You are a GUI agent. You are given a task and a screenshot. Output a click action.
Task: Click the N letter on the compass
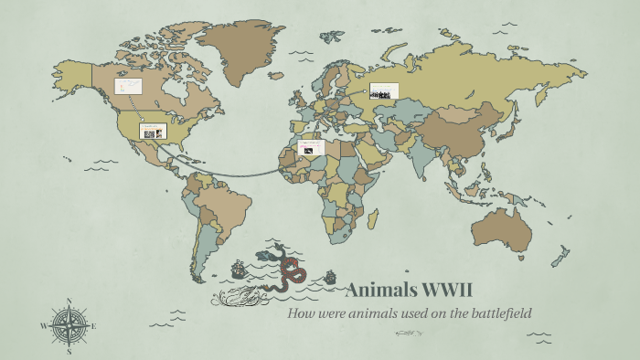point(69,301)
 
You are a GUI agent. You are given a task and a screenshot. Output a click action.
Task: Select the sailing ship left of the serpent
point(240,269)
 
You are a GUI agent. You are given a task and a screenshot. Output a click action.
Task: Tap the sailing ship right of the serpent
point(329,275)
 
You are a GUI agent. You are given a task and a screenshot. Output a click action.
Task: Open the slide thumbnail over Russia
point(384,91)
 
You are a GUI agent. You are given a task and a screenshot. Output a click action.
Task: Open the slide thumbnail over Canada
point(127,87)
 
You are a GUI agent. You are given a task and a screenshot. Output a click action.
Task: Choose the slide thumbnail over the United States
point(153,132)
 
